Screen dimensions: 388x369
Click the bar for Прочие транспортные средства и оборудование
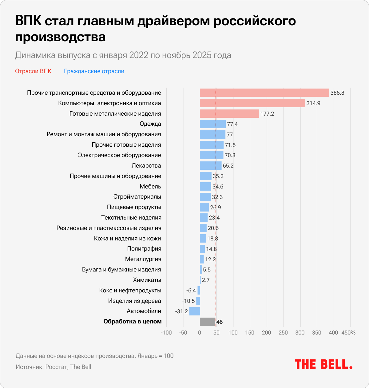pyautogui.click(x=264, y=93)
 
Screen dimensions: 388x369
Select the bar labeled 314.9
pyautogui.click(x=252, y=103)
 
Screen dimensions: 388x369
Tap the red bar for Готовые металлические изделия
pyautogui.click(x=229, y=114)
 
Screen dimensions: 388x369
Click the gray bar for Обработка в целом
pyautogui.click(x=208, y=322)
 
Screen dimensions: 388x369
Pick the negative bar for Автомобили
pyautogui.click(x=194, y=311)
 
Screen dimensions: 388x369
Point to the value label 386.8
pyautogui.click(x=337, y=93)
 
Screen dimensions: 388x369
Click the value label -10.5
pyautogui.click(x=188, y=301)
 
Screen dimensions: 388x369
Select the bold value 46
pyautogui.click(x=220, y=322)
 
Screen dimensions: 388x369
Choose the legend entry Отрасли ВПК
pyautogui.click(x=33, y=71)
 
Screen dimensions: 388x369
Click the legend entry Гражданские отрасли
pyautogui.click(x=94, y=71)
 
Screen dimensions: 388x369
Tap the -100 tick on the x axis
pyautogui.click(x=166, y=333)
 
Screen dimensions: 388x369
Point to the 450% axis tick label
pyautogui.click(x=348, y=333)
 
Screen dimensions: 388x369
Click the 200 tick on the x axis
pyautogui.click(x=267, y=333)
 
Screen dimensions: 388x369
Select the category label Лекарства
pyautogui.click(x=146, y=166)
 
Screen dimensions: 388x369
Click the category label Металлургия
pyautogui.click(x=143, y=259)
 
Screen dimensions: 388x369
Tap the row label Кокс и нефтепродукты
pyautogui.click(x=130, y=291)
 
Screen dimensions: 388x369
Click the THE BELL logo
pyautogui.click(x=323, y=364)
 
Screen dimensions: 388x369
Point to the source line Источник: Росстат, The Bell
pyautogui.click(x=54, y=367)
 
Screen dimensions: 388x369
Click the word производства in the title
pyautogui.click(x=60, y=37)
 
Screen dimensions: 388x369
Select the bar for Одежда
pyautogui.click(x=213, y=124)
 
